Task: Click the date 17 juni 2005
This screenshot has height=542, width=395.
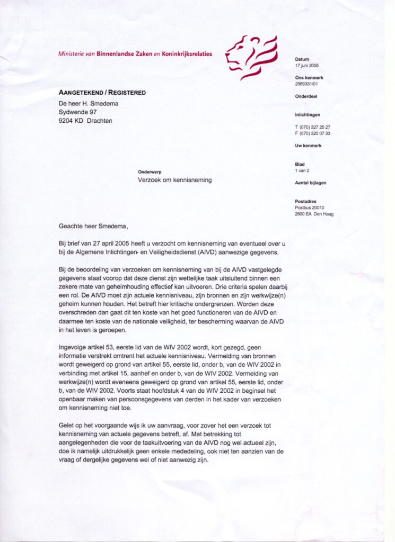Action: pyautogui.click(x=307, y=66)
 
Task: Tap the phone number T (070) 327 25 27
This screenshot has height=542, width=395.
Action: pyautogui.click(x=313, y=128)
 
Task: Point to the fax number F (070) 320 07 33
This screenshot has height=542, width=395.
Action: pyautogui.click(x=313, y=133)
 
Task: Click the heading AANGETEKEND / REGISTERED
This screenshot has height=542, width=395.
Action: pyautogui.click(x=102, y=93)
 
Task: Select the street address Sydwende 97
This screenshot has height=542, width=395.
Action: pyautogui.click(x=77, y=112)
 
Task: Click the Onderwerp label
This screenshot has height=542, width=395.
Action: pyautogui.click(x=150, y=173)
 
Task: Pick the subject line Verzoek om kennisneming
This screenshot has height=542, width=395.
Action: pyautogui.click(x=174, y=180)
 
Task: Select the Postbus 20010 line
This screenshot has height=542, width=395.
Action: pyautogui.click(x=310, y=207)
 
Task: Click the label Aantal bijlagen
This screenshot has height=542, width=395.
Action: pyautogui.click(x=311, y=183)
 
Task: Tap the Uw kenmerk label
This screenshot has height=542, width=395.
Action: pyautogui.click(x=308, y=146)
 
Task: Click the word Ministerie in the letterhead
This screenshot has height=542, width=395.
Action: pyautogui.click(x=72, y=54)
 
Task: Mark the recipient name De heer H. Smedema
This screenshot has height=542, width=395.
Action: pyautogui.click(x=88, y=103)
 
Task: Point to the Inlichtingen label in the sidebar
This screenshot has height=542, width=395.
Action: pyautogui.click(x=308, y=115)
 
